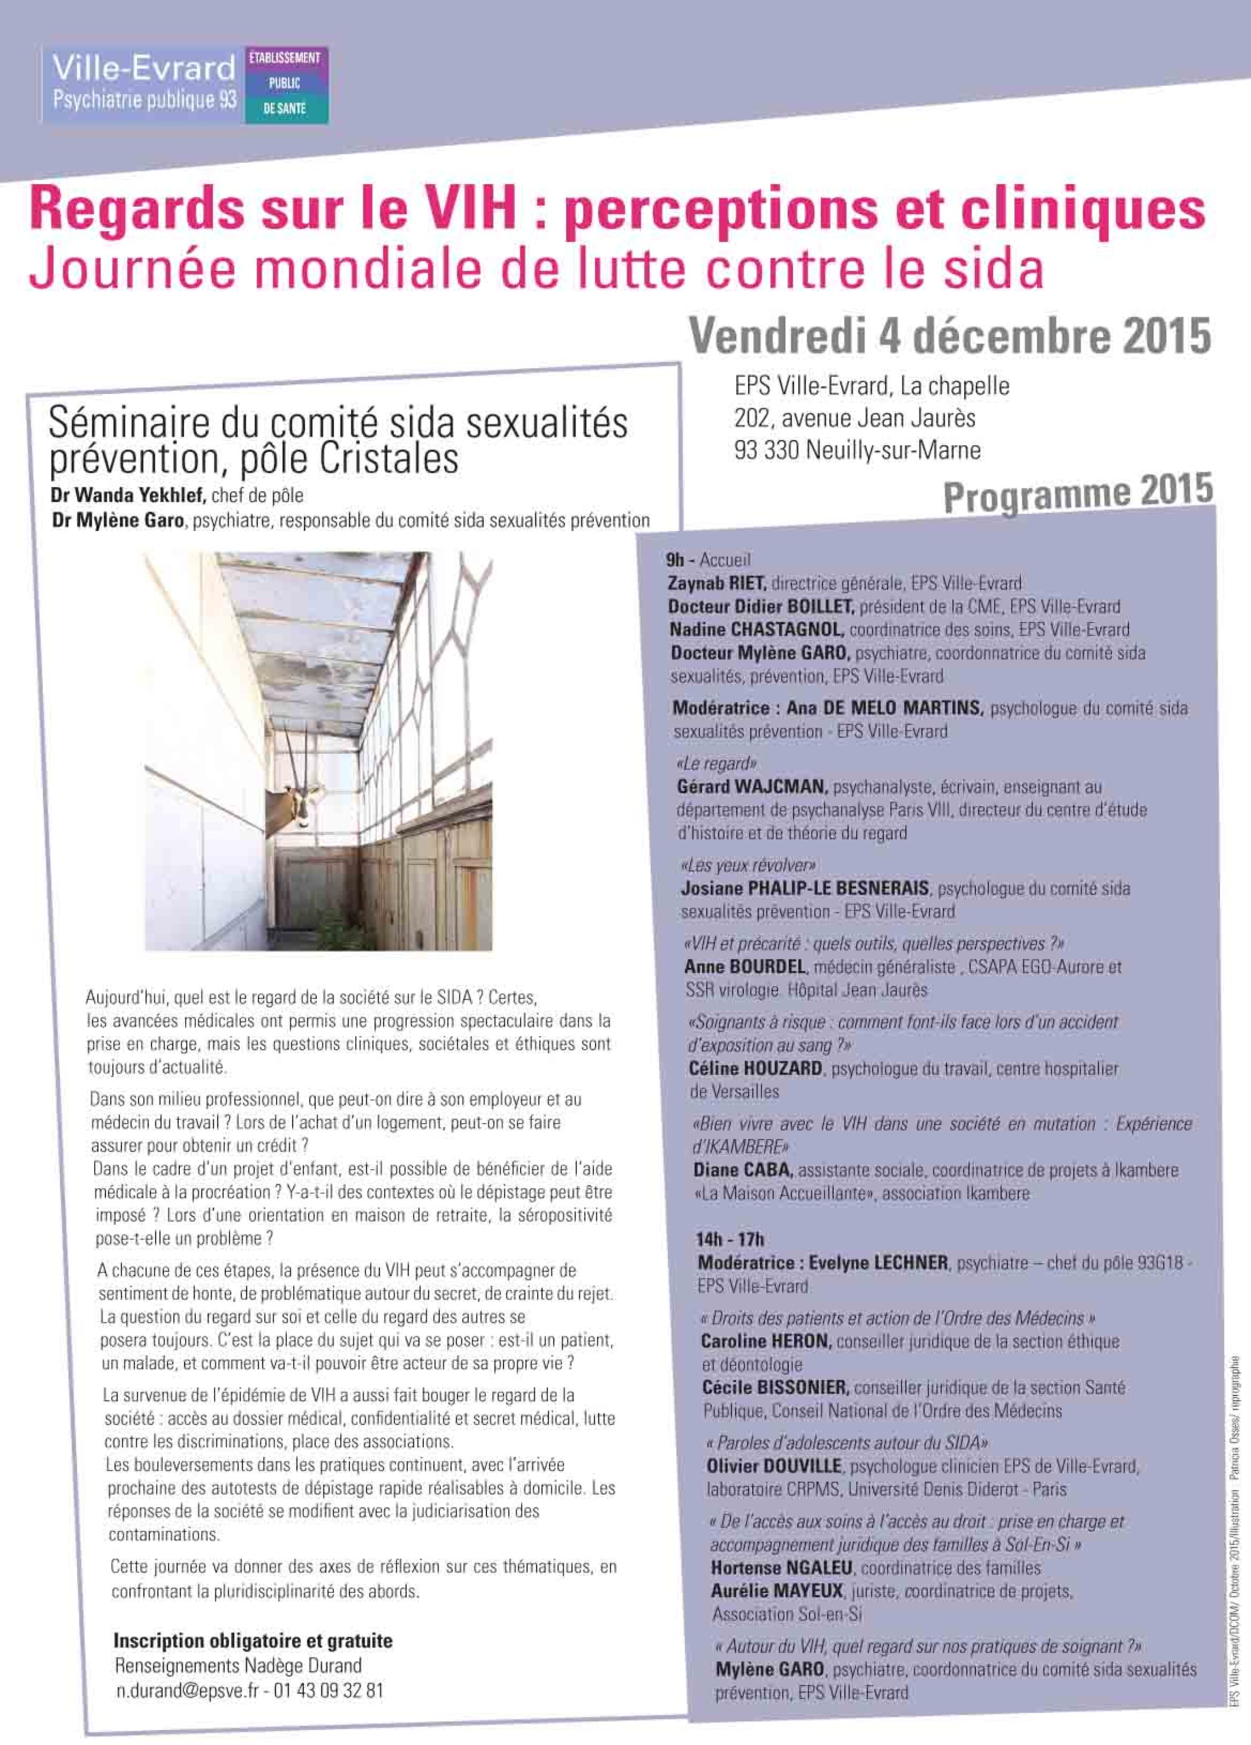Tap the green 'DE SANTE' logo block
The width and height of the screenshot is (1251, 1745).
tap(285, 109)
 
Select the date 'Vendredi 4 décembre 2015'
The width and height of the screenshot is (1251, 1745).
tap(950, 336)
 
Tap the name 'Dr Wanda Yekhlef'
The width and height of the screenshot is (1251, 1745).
tap(128, 495)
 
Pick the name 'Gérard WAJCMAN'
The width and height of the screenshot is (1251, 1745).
tap(751, 787)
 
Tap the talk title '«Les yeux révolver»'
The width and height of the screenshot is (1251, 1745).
tap(748, 865)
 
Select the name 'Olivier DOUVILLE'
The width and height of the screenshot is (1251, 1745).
tap(774, 1466)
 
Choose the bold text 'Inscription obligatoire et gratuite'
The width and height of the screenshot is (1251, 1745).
tap(252, 1641)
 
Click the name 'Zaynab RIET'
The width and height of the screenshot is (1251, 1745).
tap(717, 583)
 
